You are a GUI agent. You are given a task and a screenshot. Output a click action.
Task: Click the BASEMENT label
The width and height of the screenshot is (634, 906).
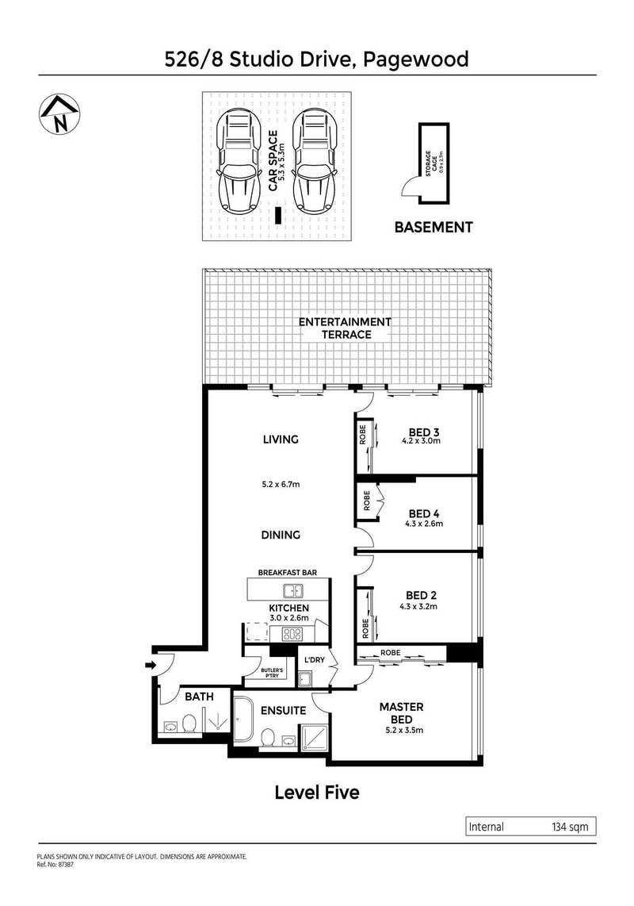click(433, 227)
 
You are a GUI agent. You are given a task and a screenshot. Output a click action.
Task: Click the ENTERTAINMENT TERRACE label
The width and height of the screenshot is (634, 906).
click(345, 328)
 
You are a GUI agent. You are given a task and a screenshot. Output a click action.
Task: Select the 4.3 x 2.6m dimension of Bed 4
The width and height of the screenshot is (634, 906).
click(420, 524)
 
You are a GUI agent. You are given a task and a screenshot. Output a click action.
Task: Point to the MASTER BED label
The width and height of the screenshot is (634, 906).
click(401, 712)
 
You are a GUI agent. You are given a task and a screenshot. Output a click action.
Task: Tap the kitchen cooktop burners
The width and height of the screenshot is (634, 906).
click(292, 634)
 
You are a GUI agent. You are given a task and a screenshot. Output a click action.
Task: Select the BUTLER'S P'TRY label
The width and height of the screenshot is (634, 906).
click(272, 674)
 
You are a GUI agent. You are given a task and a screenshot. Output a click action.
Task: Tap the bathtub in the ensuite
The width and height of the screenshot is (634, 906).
click(243, 721)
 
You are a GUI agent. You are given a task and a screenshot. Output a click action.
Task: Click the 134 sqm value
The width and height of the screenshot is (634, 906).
click(569, 827)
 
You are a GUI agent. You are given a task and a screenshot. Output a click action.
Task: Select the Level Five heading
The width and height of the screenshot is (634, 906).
click(316, 792)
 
